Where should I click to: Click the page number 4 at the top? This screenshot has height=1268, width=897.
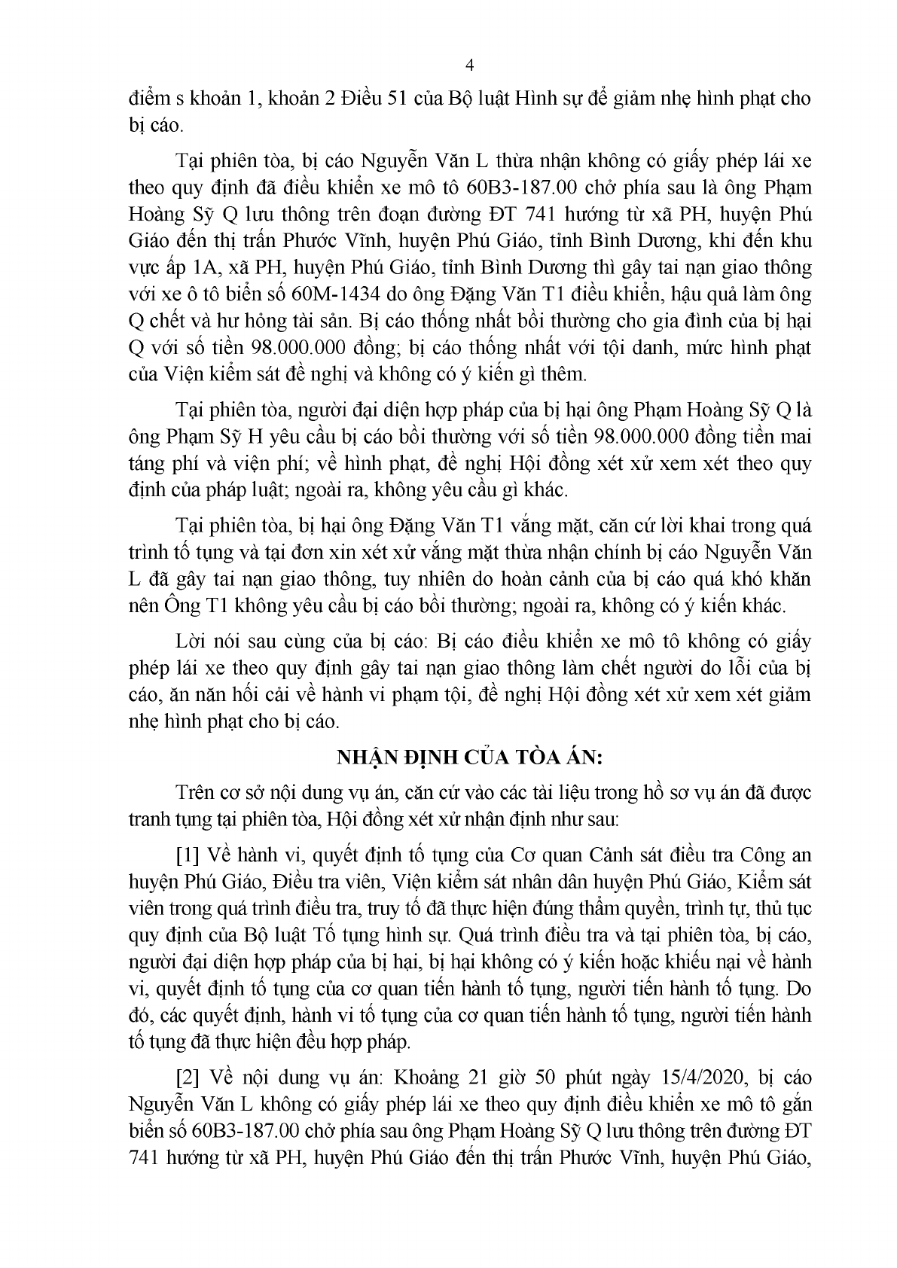pyautogui.click(x=470, y=65)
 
